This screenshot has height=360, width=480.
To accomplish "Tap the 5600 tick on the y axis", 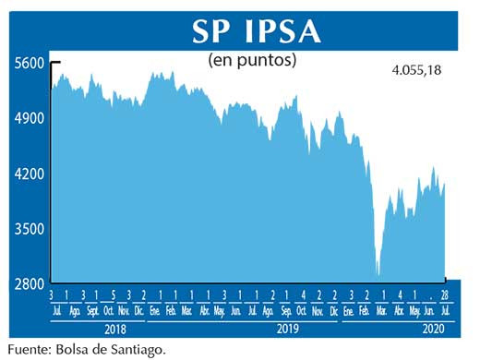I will pos(29,64).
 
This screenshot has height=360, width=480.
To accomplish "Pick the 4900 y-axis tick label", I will pos(29,119).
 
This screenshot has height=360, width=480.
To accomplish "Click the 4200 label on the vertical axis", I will pos(29,174).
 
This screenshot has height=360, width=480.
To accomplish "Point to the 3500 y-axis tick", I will pos(29,229).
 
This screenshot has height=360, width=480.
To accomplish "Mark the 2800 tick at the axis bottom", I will pos(29,283).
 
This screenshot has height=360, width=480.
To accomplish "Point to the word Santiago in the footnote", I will pos(140,349).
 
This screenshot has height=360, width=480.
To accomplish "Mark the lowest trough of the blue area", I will pos(378,274).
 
